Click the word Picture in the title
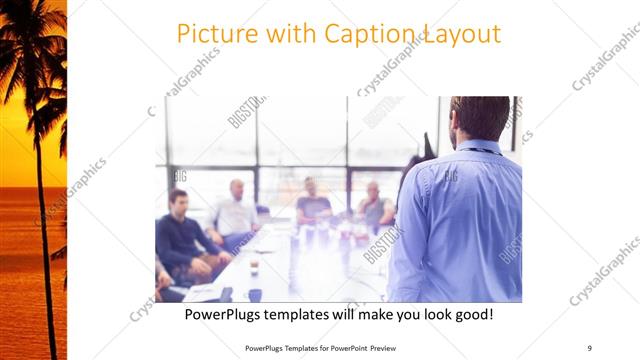tap(212, 33)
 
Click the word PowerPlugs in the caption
tap(228, 314)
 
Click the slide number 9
tap(590, 348)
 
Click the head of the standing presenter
tap(481, 119)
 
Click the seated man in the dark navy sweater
tap(180, 235)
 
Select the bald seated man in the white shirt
tap(237, 210)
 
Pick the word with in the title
tap(289, 33)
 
